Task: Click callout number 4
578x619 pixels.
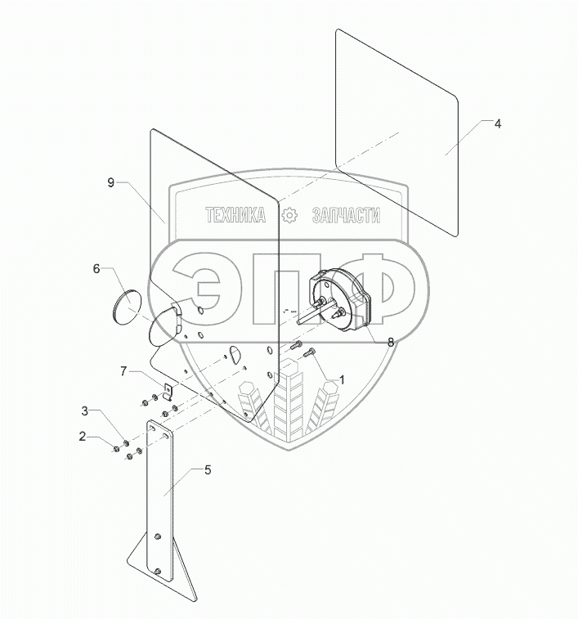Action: [x=498, y=123]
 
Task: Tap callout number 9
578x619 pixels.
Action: [x=111, y=183]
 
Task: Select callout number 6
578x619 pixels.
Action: [x=96, y=267]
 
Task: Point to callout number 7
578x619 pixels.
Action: [x=123, y=372]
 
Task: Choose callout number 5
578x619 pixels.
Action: [x=207, y=470]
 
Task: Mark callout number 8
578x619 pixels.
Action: [x=390, y=343]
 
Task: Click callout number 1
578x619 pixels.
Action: [x=342, y=379]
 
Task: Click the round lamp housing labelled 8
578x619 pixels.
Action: [x=343, y=301]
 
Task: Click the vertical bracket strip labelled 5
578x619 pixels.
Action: [x=161, y=491]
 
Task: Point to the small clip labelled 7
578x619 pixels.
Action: [x=164, y=391]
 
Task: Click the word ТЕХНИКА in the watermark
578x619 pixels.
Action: [x=235, y=216]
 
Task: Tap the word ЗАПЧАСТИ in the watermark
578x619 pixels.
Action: [x=346, y=216]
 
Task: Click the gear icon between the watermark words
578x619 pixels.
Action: [x=289, y=216]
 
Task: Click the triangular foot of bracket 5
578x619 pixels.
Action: [x=143, y=564]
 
